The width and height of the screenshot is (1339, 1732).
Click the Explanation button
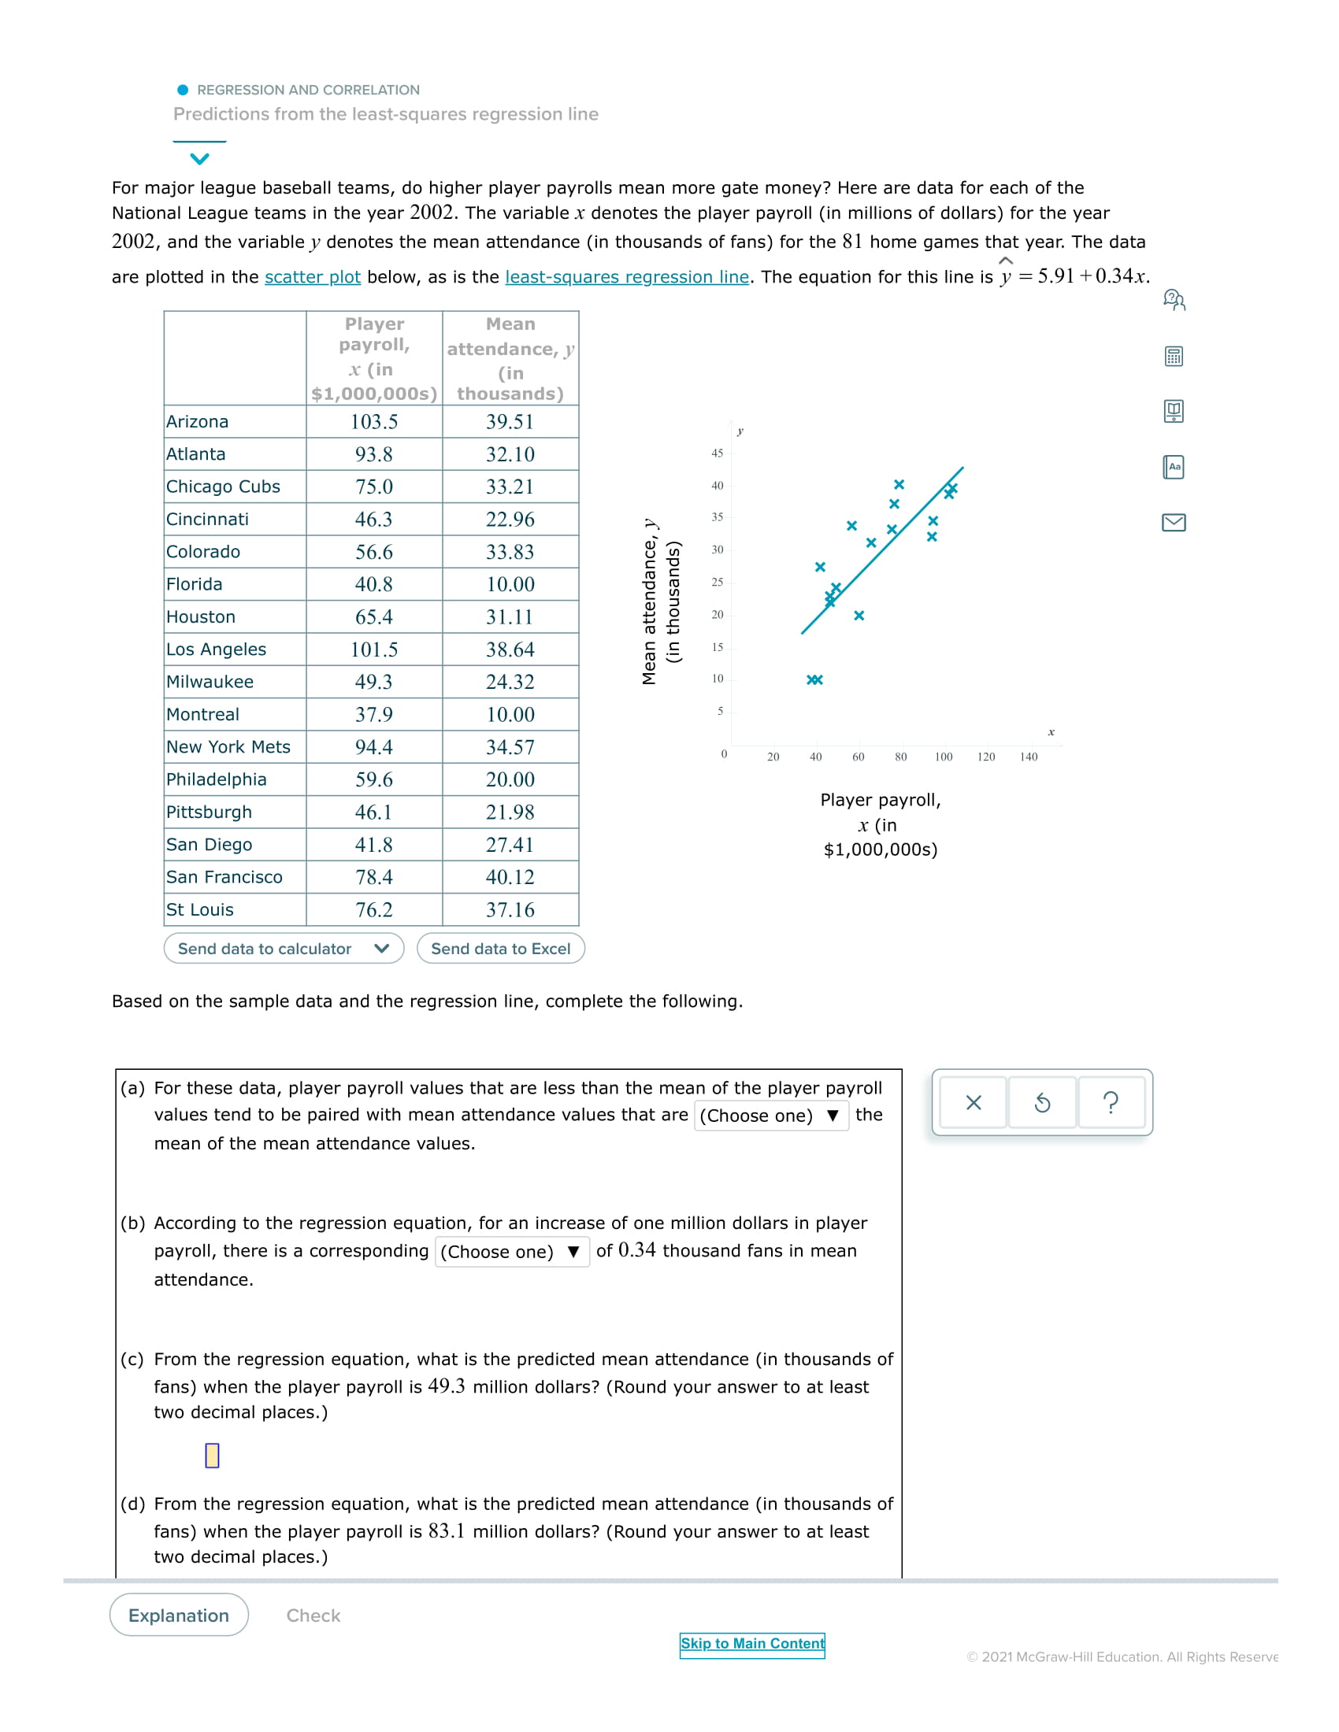179,1615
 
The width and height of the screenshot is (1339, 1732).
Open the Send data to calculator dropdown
284,949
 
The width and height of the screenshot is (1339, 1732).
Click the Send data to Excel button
500,949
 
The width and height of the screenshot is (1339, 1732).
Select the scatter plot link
313,277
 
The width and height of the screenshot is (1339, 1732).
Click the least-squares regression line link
627,277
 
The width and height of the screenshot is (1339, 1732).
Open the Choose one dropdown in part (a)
770,1115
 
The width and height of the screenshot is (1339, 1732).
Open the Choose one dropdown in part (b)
512,1252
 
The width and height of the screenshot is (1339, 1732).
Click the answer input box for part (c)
212,1455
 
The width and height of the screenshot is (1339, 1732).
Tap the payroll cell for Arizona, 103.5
373,422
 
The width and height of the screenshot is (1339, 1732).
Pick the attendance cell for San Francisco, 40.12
510,877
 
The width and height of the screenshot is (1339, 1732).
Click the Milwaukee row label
210,682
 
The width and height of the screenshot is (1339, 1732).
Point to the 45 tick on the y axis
717,453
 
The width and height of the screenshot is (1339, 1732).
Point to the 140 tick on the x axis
1028,757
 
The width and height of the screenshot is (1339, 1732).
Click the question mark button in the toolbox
1111,1102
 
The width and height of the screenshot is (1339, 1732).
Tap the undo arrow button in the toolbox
1041,1102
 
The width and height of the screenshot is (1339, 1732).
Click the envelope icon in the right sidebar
1174,522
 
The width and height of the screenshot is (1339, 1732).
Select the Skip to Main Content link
752,1643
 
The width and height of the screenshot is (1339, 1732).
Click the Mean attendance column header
510,358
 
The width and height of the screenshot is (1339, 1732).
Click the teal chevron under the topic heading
200,158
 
